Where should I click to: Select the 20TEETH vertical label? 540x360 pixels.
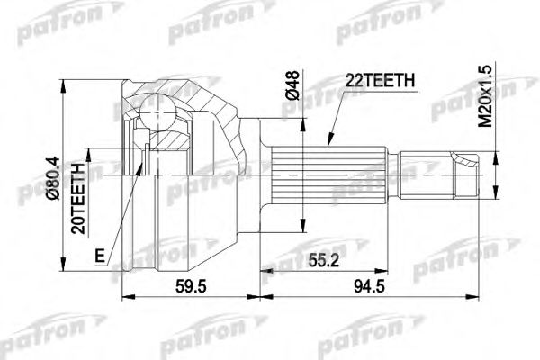click(80, 199)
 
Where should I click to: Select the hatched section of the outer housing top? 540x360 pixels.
click(193, 94)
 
